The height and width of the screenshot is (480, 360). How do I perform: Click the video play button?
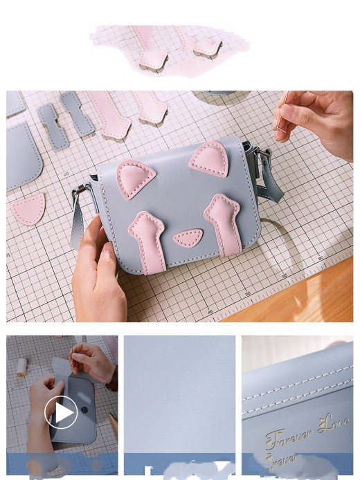[x=61, y=413]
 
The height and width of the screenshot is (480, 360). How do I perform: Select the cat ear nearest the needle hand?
[x=209, y=160]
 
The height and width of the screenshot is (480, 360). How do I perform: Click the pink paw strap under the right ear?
[x=225, y=221]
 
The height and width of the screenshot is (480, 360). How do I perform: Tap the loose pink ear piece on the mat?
[x=28, y=208]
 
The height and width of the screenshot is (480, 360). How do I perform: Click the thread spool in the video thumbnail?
[x=21, y=367]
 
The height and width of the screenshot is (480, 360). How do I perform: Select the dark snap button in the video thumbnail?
[x=84, y=409]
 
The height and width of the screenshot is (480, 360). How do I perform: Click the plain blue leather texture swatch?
[x=179, y=394]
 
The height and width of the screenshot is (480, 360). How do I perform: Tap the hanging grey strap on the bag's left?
[x=76, y=225]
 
